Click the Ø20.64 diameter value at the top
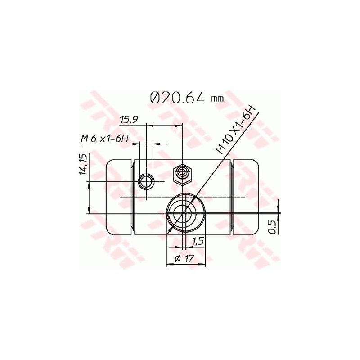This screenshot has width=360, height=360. coord(177,98)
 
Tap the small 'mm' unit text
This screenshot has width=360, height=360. coord(217,99)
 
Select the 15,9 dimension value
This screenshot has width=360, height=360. coord(129,120)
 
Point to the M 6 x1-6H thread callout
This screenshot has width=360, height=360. coord(105,139)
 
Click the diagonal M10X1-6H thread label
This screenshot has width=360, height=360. coord(237,130)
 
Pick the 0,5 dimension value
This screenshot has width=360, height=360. coord(273,227)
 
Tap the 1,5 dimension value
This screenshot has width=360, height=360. coord(198,242)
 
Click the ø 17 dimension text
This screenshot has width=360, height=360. coord(184,259)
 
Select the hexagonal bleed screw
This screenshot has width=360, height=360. coord(183,174)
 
